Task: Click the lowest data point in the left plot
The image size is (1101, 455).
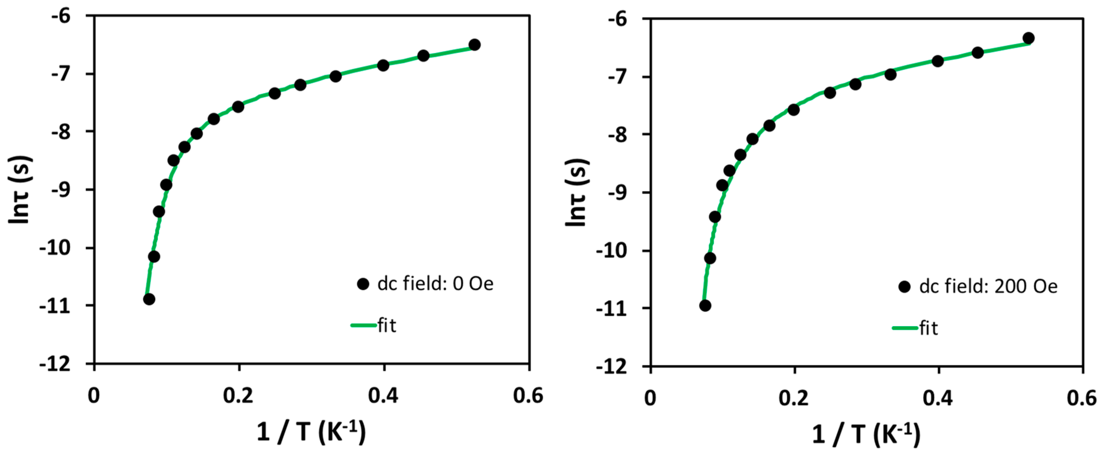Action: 149,299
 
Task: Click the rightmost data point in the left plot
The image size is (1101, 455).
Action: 474,45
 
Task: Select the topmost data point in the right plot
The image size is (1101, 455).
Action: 1028,38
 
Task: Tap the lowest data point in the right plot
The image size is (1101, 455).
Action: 705,305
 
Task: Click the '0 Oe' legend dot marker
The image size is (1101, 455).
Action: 363,284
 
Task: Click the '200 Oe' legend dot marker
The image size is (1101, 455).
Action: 904,286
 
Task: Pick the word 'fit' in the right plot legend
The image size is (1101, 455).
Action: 929,328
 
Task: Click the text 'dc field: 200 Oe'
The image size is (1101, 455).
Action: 988,286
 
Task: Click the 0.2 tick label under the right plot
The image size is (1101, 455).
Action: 793,398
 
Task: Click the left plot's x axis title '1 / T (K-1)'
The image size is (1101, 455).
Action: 311,432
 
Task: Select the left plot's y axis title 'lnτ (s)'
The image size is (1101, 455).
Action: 20,189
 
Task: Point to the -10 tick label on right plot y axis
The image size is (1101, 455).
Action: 611,251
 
